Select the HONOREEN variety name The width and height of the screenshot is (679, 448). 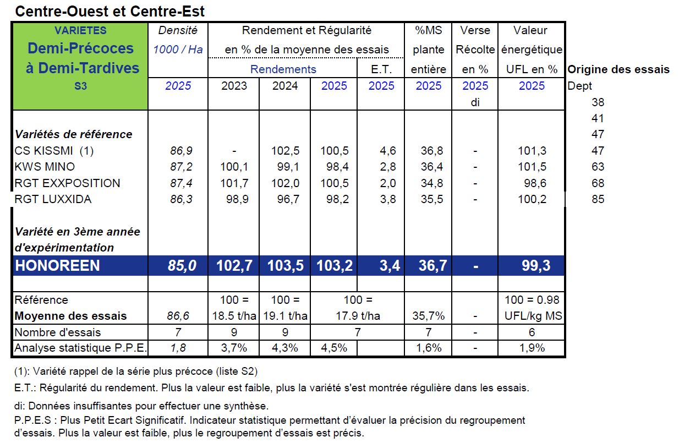click(x=57, y=266)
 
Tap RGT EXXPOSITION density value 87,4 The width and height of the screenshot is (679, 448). click(x=181, y=183)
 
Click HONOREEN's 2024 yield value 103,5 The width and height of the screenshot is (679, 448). click(x=285, y=266)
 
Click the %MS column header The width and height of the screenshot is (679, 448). click(x=428, y=30)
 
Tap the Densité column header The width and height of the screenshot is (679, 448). click(x=178, y=30)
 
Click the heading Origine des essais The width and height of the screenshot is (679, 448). click(x=618, y=69)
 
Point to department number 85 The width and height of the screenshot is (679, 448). click(x=598, y=199)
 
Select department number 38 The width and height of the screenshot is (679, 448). click(x=598, y=102)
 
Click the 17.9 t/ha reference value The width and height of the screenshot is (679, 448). click(x=358, y=316)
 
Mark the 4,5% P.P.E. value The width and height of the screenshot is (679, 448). click(x=333, y=348)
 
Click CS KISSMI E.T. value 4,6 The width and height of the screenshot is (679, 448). click(x=387, y=151)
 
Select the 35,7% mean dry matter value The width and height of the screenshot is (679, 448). click(x=428, y=316)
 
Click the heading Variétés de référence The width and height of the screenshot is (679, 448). click(x=73, y=134)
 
